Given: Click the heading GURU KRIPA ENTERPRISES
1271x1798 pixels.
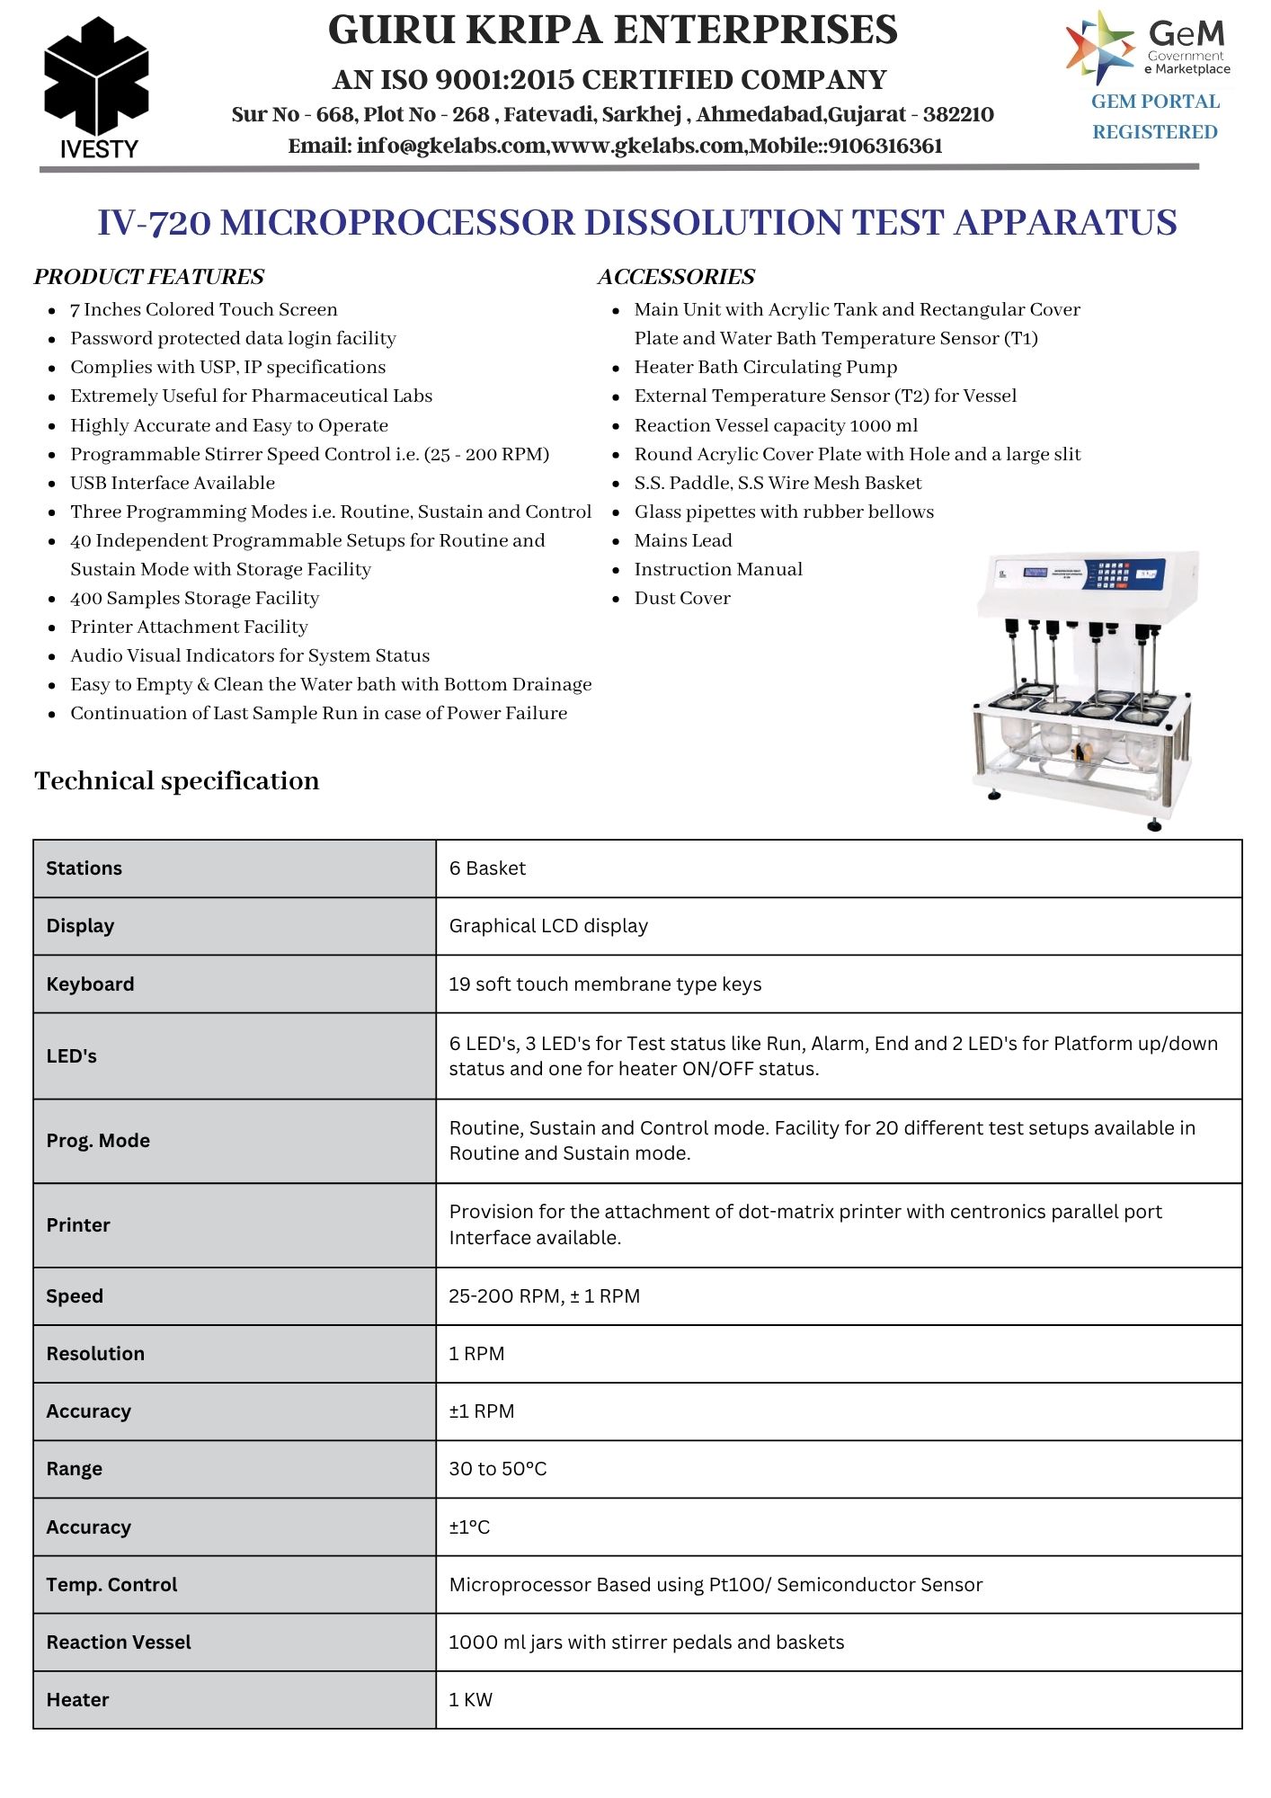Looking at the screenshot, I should (x=612, y=31).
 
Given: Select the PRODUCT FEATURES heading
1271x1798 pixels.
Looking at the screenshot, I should (x=149, y=277).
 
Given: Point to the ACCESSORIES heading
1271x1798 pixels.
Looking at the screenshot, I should (x=676, y=277).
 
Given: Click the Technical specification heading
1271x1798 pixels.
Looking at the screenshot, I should (x=177, y=780).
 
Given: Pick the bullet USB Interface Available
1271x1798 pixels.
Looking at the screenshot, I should (x=173, y=483).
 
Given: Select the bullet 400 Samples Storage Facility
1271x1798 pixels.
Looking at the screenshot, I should (x=194, y=598).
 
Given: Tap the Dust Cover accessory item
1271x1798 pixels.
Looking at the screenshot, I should (x=682, y=598).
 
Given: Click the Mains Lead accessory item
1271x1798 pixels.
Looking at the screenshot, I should (x=683, y=540).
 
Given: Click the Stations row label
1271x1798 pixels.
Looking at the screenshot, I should (x=84, y=868).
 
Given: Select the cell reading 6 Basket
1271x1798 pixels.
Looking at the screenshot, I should (x=487, y=868).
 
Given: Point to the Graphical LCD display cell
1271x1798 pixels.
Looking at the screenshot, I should (x=548, y=926).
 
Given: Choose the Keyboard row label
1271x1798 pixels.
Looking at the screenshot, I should (x=90, y=984).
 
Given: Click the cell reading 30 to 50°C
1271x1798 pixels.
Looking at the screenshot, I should (x=498, y=1469).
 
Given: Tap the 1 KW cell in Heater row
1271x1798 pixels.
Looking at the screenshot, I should (x=471, y=1700).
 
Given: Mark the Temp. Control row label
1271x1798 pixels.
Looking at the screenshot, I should (x=111, y=1585).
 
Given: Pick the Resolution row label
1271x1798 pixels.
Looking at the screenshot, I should (x=95, y=1354).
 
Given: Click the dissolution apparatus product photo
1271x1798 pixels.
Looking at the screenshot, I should (x=1085, y=688).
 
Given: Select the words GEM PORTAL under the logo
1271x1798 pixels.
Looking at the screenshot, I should (x=1155, y=102).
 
